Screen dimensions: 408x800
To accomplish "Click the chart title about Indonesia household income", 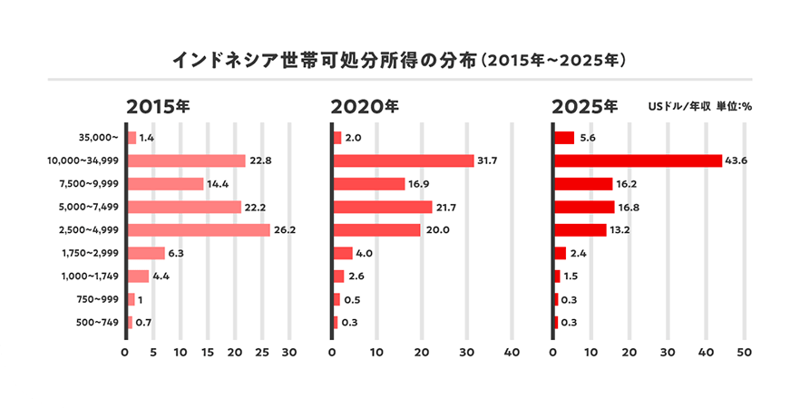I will pos(400,62).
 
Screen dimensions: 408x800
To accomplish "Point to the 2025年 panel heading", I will pos(585,106).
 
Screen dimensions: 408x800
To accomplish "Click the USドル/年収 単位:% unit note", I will pos(700,106).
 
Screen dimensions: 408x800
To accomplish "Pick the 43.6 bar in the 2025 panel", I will pos(637,160).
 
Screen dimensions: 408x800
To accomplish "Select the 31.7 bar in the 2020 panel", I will pos(403,160).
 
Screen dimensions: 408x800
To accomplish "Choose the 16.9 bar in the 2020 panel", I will pos(369,184).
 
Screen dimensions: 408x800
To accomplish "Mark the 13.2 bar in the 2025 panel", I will pos(580,229).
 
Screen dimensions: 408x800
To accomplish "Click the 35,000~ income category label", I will pos(99,138).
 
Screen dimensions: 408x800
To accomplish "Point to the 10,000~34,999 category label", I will pos(83,161).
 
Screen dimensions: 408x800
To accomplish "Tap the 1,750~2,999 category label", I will pos(88,253).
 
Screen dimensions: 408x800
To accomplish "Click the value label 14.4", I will pos(219,184).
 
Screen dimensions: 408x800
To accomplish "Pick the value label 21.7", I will pos(447,207).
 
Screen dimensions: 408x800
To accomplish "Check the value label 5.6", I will pos(586,138).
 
